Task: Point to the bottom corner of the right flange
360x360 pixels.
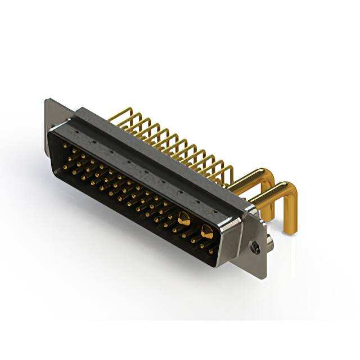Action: click(263, 274)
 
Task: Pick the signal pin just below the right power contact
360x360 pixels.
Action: click(202, 245)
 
